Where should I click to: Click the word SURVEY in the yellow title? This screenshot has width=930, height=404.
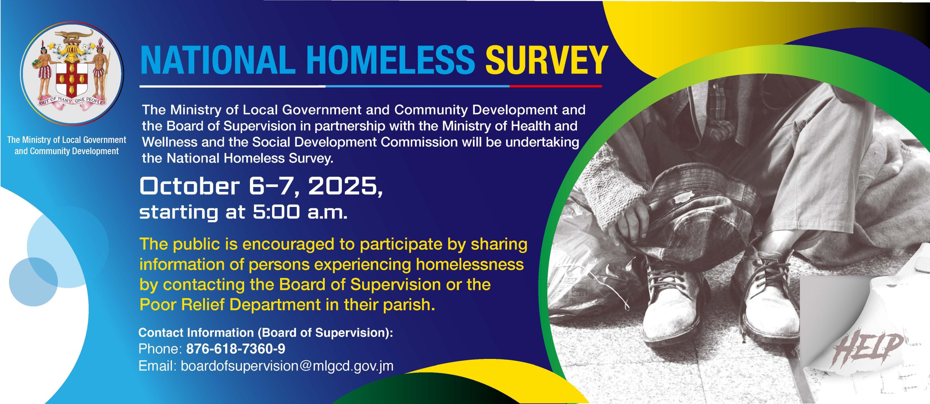(x=547, y=60)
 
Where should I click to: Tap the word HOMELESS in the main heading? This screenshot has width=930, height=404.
(x=391, y=60)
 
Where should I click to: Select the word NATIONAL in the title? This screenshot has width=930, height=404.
(x=218, y=60)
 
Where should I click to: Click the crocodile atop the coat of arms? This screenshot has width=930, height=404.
(x=74, y=36)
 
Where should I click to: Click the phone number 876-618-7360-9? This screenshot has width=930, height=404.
(x=236, y=349)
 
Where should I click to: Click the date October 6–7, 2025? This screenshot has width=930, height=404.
(x=261, y=187)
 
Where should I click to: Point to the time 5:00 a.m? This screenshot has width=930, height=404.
(x=300, y=212)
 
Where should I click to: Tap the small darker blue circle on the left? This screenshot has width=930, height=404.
(x=33, y=282)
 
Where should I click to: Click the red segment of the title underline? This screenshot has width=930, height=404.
(x=556, y=86)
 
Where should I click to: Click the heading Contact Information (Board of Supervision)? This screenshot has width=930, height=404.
(x=266, y=333)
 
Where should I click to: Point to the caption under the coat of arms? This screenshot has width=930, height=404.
(x=66, y=145)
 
